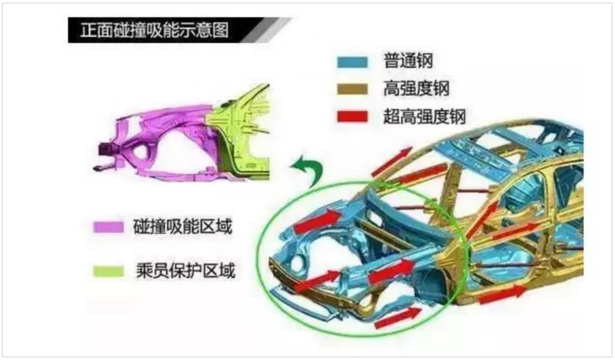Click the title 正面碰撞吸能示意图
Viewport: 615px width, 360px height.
pyautogui.click(x=154, y=30)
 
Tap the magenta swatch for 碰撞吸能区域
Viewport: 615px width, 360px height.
pyautogui.click(x=108, y=227)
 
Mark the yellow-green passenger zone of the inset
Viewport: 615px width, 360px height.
pyautogui.click(x=239, y=131)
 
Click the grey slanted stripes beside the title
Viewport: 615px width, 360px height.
pyautogui.click(x=268, y=30)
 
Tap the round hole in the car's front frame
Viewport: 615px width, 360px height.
pyautogui.click(x=296, y=263)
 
